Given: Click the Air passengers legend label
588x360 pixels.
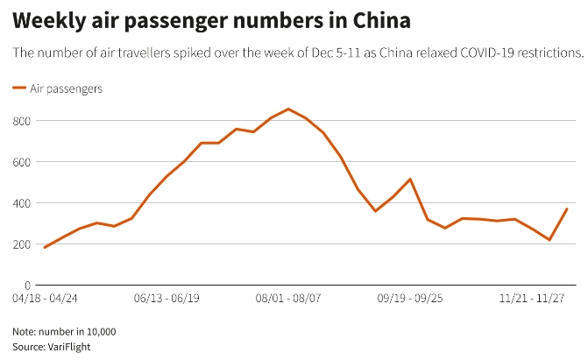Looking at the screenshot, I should [x=66, y=88].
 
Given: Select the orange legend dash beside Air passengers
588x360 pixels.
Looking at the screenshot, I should [x=19, y=88].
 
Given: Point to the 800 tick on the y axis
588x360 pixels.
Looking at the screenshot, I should [x=22, y=121].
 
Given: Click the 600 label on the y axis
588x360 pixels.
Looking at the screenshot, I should [x=22, y=162].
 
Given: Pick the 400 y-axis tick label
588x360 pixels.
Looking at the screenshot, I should [x=22, y=203].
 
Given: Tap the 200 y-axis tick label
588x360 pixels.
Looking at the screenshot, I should [x=22, y=244].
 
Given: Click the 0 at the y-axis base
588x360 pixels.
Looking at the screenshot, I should [x=28, y=286].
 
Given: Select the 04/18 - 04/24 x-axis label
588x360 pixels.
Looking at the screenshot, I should [x=45, y=299].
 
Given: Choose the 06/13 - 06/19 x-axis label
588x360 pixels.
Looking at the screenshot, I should [x=166, y=299].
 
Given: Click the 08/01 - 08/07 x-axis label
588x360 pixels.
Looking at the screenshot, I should [x=288, y=299].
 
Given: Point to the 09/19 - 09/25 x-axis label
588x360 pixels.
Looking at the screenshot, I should [x=410, y=299].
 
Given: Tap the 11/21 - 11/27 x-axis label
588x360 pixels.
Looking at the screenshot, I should [x=532, y=299].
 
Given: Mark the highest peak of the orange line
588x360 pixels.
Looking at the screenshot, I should [x=288, y=109].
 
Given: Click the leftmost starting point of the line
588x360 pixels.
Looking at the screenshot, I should [x=45, y=248].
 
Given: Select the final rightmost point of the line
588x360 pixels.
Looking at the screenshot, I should [x=567, y=208].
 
